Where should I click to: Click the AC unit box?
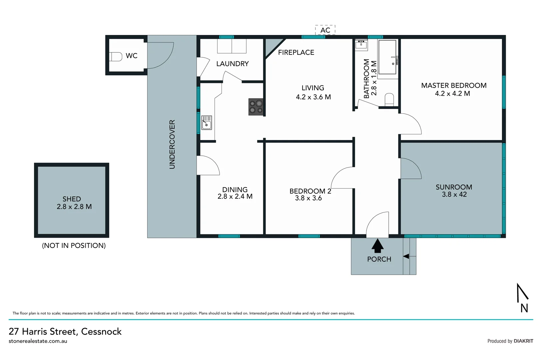click(325, 30)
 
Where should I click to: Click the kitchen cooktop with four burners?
click(256, 107)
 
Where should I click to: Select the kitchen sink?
click(207, 123)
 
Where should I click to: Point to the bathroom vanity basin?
click(361, 45)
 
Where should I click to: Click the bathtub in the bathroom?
click(387, 57)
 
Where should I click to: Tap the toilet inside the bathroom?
click(389, 99)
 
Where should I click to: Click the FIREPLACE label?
click(296, 52)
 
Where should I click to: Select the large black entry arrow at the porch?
click(377, 246)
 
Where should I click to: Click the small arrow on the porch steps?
click(406, 256)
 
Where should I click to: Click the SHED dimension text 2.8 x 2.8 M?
click(74, 207)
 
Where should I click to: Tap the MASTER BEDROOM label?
click(453, 85)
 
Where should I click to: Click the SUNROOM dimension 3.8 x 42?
click(454, 195)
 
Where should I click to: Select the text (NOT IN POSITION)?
click(74, 246)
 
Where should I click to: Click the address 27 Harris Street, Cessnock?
click(65, 331)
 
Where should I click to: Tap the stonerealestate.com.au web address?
click(38, 341)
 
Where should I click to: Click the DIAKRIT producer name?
click(523, 341)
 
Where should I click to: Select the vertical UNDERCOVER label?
click(172, 144)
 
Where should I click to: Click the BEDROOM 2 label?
click(310, 191)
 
